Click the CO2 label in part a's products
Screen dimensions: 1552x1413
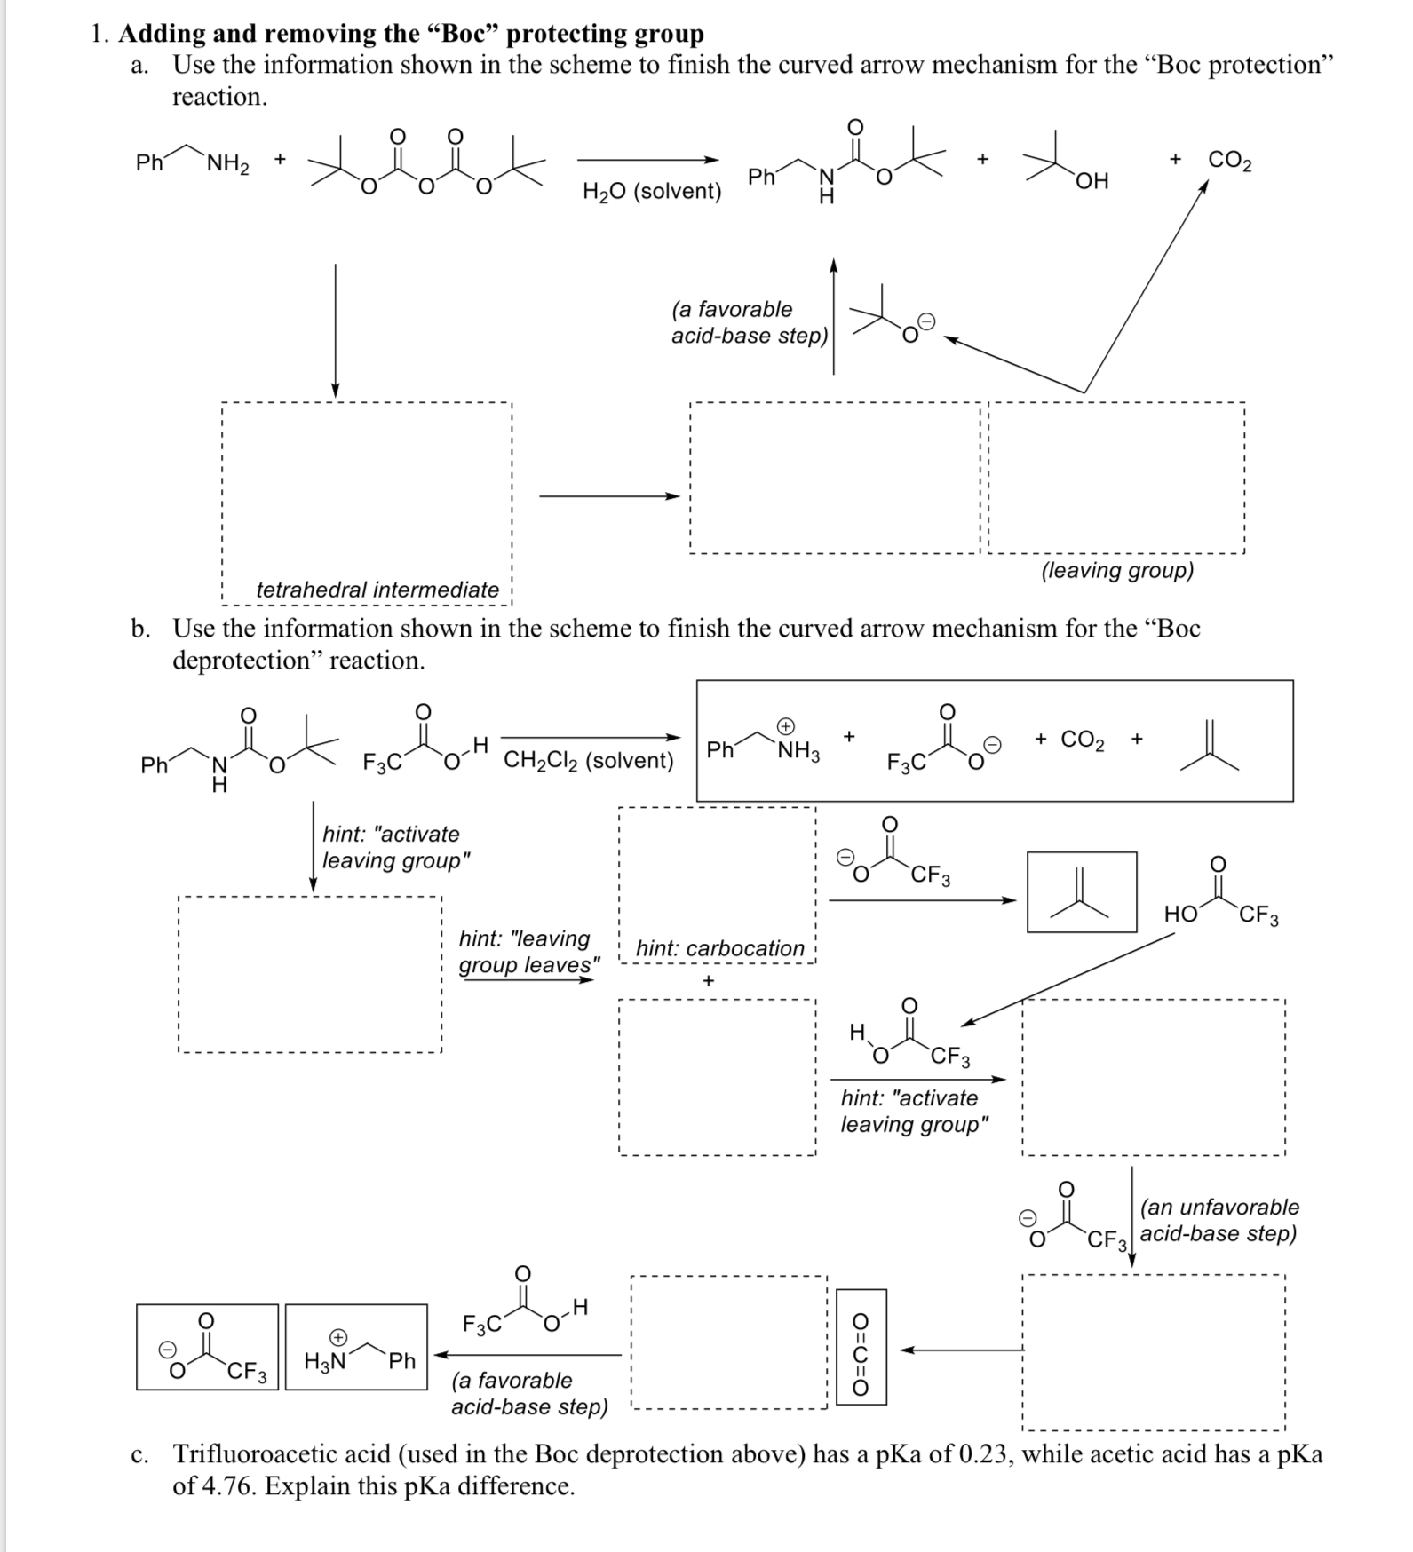point(1230,161)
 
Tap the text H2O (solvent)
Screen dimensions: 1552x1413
point(652,192)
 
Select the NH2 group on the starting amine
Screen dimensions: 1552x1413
point(228,164)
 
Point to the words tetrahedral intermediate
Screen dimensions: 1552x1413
point(377,590)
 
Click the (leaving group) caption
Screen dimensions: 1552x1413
point(1117,570)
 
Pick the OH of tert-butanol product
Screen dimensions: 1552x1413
point(1092,181)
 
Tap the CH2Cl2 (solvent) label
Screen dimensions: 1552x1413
point(589,761)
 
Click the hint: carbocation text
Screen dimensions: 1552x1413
point(719,948)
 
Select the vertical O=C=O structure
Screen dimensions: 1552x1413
point(861,1347)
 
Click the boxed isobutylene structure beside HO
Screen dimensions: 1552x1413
point(1081,892)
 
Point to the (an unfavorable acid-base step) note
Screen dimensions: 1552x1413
point(1219,1220)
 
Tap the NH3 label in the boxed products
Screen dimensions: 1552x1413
point(798,752)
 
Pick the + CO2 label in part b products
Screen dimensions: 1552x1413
point(1070,740)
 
